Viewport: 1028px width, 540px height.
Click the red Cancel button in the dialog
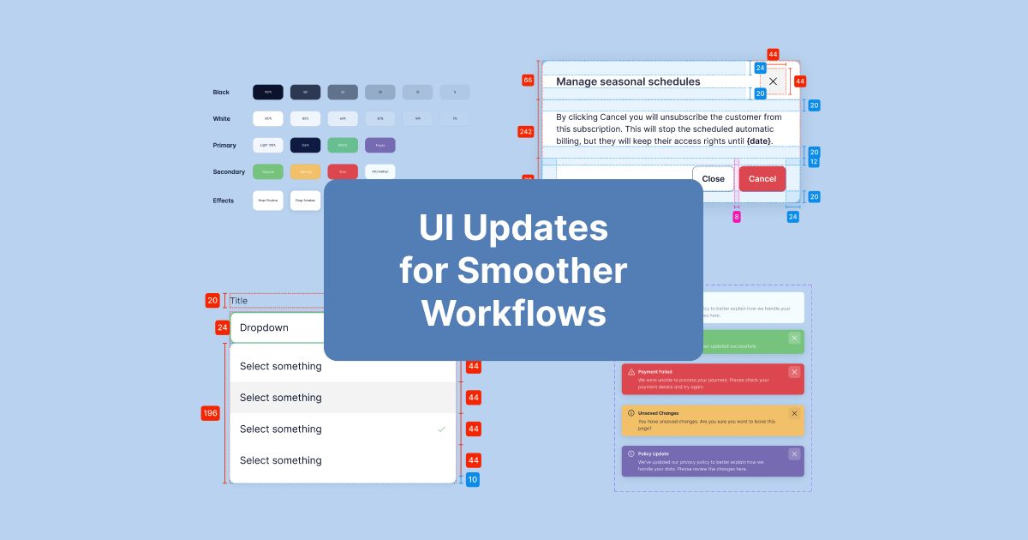click(x=762, y=179)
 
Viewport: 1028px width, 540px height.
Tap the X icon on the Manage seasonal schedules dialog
click(x=773, y=81)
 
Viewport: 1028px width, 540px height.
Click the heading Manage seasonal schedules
click(x=628, y=81)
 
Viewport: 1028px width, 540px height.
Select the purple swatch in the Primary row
click(x=380, y=146)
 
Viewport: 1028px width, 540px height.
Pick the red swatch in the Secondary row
click(x=343, y=171)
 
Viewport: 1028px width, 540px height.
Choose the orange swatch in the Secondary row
click(x=305, y=171)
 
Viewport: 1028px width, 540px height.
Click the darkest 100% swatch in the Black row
click(x=267, y=92)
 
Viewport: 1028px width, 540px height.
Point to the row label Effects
click(x=224, y=201)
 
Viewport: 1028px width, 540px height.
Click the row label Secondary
click(x=229, y=171)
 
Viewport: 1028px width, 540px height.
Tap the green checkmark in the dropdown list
click(x=441, y=429)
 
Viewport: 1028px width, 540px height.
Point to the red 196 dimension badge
click(x=210, y=413)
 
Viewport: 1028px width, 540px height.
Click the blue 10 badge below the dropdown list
click(x=473, y=479)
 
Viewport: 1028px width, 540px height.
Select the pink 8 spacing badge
click(x=736, y=217)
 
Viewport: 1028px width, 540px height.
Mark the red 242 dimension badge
click(x=527, y=132)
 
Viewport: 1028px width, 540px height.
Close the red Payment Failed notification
click(x=794, y=372)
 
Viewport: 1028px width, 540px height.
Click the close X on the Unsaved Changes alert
click(x=794, y=413)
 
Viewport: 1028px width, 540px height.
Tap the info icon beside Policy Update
click(x=631, y=453)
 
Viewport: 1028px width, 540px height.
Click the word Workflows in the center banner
click(x=513, y=313)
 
